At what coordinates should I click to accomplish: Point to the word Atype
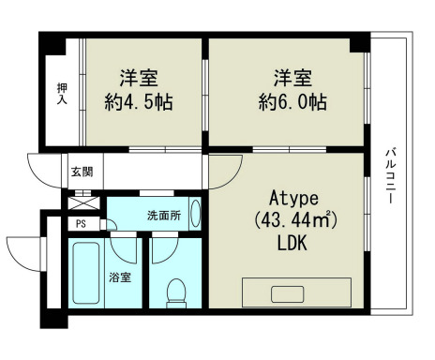[x=295, y=199]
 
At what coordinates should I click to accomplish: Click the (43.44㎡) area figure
[x=295, y=220]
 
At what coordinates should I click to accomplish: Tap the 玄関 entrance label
[x=82, y=172]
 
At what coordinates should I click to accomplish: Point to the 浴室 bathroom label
[x=120, y=278]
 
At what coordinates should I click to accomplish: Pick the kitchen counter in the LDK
[x=297, y=292]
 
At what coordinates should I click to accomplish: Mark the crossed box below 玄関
[x=82, y=200]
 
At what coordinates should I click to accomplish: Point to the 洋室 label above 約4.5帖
[x=137, y=77]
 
